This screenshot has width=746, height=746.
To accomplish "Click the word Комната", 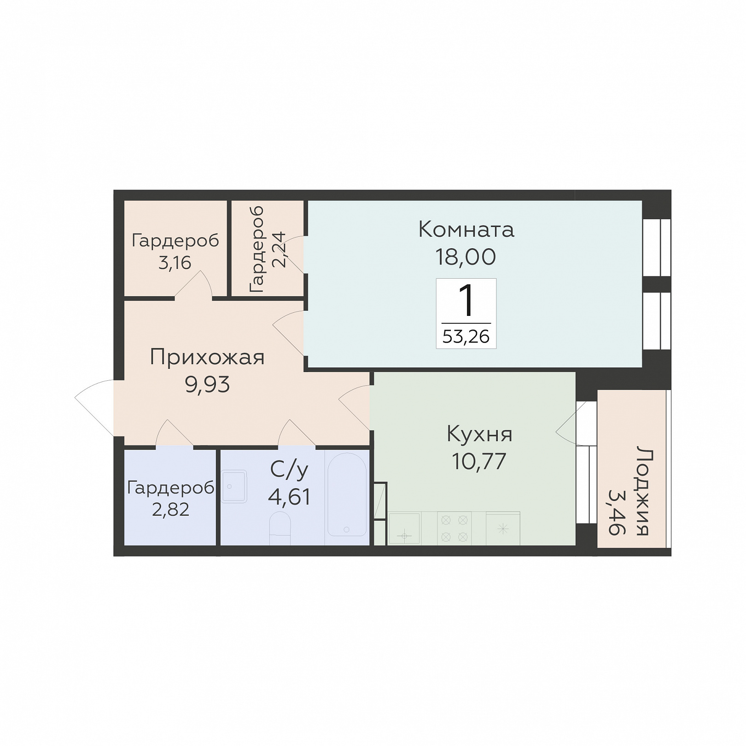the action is pyautogui.click(x=466, y=229).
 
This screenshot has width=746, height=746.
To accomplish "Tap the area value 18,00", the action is pyautogui.click(x=466, y=257).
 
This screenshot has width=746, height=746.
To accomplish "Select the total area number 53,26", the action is pyautogui.click(x=466, y=337).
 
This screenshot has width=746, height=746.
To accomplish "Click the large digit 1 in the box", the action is pyautogui.click(x=467, y=300).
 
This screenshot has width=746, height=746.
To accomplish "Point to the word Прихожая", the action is pyautogui.click(x=207, y=357).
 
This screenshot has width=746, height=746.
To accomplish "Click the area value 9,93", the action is pyautogui.click(x=207, y=385).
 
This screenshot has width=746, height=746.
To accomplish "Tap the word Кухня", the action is pyautogui.click(x=479, y=434).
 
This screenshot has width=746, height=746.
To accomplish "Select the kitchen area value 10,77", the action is pyautogui.click(x=479, y=461).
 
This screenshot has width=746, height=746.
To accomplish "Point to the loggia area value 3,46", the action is pyautogui.click(x=617, y=512).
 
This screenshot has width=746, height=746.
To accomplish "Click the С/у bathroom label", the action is pyautogui.click(x=289, y=470).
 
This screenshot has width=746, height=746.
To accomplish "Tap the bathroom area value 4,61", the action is pyautogui.click(x=289, y=497).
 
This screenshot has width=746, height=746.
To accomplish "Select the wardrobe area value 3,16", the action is pyautogui.click(x=175, y=263).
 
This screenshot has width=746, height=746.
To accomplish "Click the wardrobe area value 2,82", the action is pyautogui.click(x=170, y=510).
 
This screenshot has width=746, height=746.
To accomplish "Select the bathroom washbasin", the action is pyautogui.click(x=234, y=486).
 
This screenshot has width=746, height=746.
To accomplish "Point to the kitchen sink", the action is pyautogui.click(x=404, y=529).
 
